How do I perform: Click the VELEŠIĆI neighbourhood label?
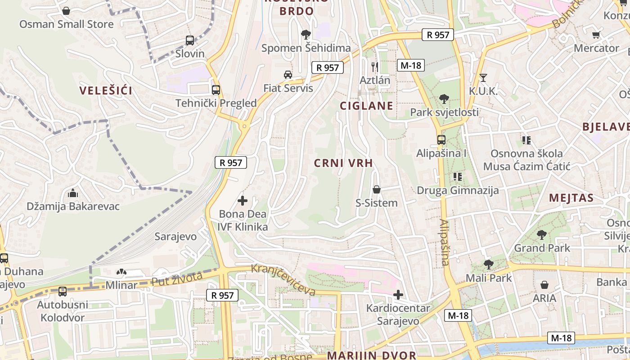106,90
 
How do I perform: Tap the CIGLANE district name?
366,106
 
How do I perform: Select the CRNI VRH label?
343,163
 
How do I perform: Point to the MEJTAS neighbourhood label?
571,198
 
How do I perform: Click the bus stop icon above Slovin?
190,40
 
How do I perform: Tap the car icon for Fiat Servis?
288,74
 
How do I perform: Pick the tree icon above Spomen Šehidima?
306,35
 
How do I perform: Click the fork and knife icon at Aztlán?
375,67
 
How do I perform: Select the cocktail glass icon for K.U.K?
483,78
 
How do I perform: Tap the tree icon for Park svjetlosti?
444,99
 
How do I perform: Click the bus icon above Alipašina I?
441,140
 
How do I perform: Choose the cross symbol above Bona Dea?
243,201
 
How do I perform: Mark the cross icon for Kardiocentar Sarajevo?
398,295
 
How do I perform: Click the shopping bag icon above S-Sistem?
377,190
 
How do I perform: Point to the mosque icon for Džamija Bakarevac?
73,193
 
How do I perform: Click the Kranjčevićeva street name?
283,280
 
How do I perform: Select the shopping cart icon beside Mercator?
596,35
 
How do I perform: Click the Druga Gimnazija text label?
458,190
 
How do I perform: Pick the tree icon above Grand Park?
542,234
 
